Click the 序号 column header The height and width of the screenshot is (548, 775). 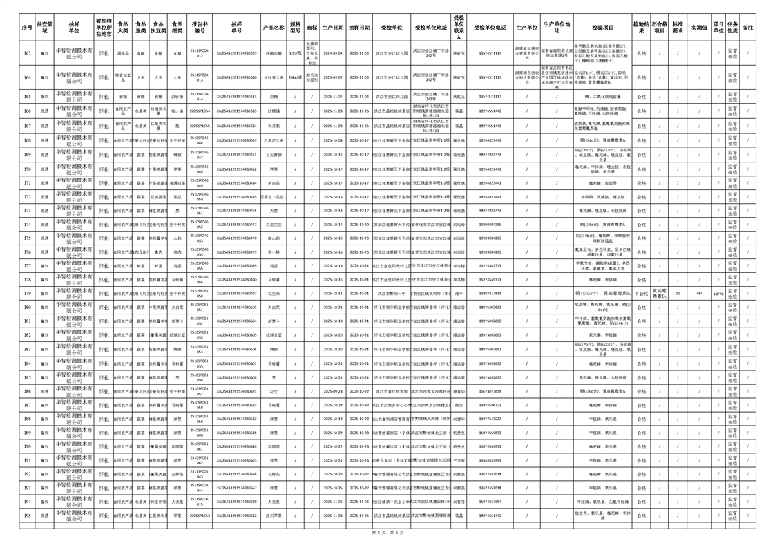pos(27,28)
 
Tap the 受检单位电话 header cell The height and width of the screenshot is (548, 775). pos(490,28)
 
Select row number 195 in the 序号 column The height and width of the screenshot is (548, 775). pos(27,516)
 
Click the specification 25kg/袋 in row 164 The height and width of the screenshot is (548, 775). pos(295,77)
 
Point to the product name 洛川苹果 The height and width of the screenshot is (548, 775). pos(274,516)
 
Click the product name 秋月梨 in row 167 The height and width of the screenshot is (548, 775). pos(274,126)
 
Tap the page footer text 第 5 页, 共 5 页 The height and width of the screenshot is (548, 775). pos(387,533)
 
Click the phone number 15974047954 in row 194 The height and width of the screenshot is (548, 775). pos(490,502)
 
